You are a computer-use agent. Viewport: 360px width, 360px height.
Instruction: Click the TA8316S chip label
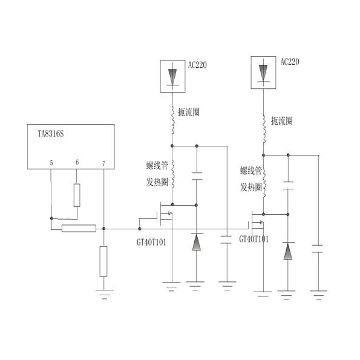pyautogui.click(x=50, y=134)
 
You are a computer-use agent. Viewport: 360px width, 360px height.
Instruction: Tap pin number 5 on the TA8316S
pyautogui.click(x=51, y=163)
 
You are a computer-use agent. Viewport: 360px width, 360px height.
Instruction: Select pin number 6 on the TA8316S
pyautogui.click(x=77, y=162)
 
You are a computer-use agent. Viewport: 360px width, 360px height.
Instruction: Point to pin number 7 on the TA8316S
pyautogui.click(x=104, y=163)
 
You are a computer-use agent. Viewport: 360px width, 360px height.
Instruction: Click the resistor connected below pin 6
pyautogui.click(x=77, y=195)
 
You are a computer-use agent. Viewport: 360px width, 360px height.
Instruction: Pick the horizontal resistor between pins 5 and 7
pyautogui.click(x=79, y=228)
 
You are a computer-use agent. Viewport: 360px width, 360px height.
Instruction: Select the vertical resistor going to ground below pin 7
pyautogui.click(x=103, y=261)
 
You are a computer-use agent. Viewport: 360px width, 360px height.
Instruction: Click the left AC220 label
pyautogui.click(x=197, y=65)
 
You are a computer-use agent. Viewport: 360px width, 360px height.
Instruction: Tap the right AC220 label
pyautogui.click(x=290, y=62)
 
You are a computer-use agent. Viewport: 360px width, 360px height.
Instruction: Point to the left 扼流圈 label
pyautogui.click(x=189, y=113)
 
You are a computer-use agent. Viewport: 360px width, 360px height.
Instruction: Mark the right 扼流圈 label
pyautogui.click(x=282, y=121)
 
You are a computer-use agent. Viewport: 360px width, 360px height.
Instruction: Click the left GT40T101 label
pyautogui.click(x=151, y=243)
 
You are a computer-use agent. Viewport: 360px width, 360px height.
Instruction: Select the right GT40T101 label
pyautogui.click(x=254, y=239)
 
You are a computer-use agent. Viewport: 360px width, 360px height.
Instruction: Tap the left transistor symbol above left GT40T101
pyautogui.click(x=165, y=214)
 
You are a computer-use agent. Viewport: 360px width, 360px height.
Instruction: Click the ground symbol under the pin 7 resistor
pyautogui.click(x=104, y=294)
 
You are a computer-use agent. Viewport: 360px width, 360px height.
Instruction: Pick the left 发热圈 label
pyautogui.click(x=157, y=182)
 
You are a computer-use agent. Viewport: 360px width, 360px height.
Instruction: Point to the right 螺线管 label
pyautogui.click(x=251, y=171)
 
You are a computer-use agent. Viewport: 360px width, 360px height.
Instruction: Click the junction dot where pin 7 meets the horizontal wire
pyautogui.click(x=104, y=229)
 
